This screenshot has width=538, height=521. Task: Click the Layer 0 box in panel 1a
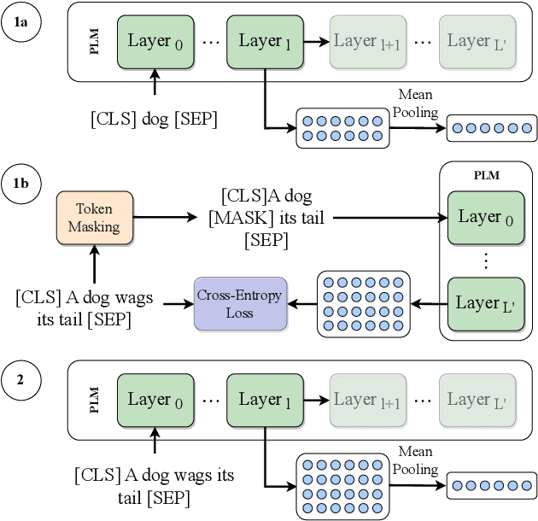[155, 41]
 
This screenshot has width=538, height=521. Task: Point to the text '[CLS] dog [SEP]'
[155, 119]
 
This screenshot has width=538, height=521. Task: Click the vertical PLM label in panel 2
[95, 400]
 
